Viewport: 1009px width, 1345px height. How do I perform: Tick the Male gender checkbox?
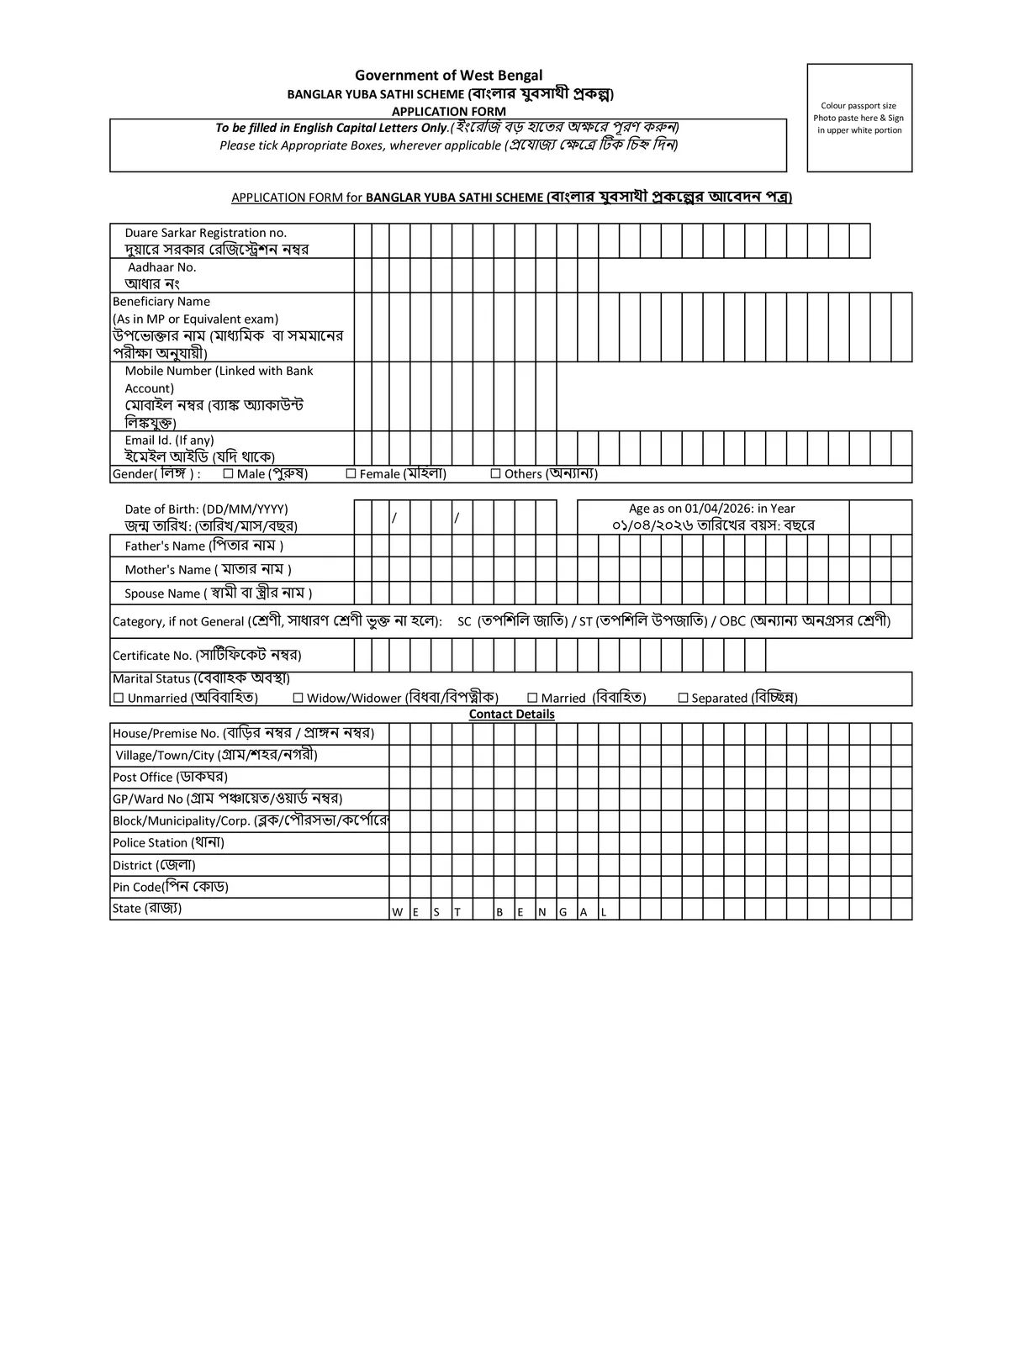[x=228, y=474]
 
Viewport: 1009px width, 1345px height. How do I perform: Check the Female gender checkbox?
[x=351, y=474]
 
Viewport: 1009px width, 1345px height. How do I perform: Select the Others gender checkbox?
[x=495, y=474]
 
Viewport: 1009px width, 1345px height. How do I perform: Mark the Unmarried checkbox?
[x=119, y=698]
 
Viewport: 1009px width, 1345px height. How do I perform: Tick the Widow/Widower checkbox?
[x=298, y=698]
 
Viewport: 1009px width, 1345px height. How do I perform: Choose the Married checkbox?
[x=532, y=698]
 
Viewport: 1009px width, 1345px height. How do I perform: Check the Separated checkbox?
[x=683, y=698]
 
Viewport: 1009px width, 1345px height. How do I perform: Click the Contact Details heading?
[x=511, y=714]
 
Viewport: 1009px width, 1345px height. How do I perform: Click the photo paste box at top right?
[x=858, y=118]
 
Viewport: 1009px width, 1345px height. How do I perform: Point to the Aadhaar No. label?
[x=161, y=267]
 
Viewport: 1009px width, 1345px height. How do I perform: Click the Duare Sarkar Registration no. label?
[x=206, y=233]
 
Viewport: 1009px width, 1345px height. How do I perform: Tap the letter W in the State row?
[x=397, y=912]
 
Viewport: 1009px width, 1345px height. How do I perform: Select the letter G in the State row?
[x=562, y=912]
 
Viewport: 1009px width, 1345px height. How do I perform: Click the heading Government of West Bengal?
[x=448, y=76]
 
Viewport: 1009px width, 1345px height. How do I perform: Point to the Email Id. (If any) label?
[x=169, y=440]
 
